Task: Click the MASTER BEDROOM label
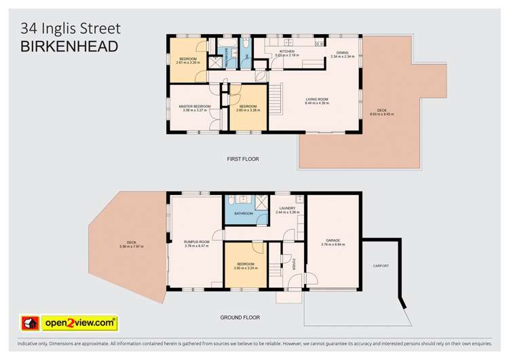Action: point(195,106)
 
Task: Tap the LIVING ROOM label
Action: point(317,99)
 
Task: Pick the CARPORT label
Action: point(381,266)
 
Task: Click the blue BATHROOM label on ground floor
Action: point(244,214)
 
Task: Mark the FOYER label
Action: point(295,264)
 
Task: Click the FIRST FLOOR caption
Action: point(243,159)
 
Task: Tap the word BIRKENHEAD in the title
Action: point(69,46)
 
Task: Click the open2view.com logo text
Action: point(79,321)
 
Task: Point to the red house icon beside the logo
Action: point(30,322)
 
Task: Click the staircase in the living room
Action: point(276,99)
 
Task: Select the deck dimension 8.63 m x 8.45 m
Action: point(382,114)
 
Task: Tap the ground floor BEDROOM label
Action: point(246,264)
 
